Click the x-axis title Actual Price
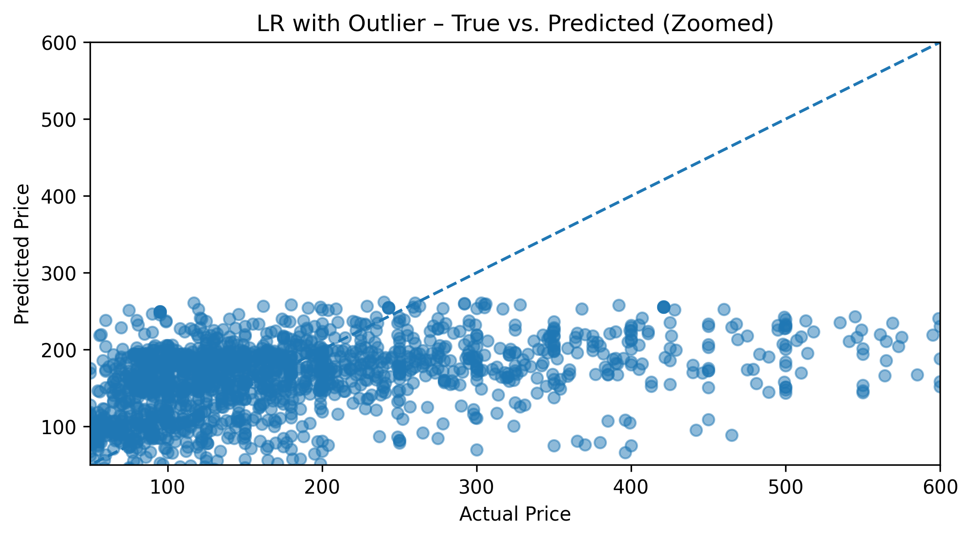(x=515, y=514)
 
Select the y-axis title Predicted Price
(x=22, y=254)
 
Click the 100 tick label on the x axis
(x=167, y=488)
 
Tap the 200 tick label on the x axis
(x=322, y=488)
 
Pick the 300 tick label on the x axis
(x=476, y=488)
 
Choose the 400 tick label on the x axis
(x=631, y=488)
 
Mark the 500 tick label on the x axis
(x=785, y=488)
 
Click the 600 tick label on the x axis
(x=940, y=488)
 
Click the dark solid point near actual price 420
(x=664, y=307)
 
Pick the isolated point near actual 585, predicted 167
(x=917, y=375)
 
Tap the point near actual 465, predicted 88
(x=732, y=435)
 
